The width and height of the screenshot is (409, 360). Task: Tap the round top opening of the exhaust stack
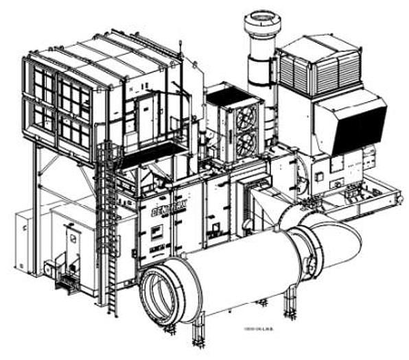[x=262, y=19]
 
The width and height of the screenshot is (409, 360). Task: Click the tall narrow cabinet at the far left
[x=24, y=240]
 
